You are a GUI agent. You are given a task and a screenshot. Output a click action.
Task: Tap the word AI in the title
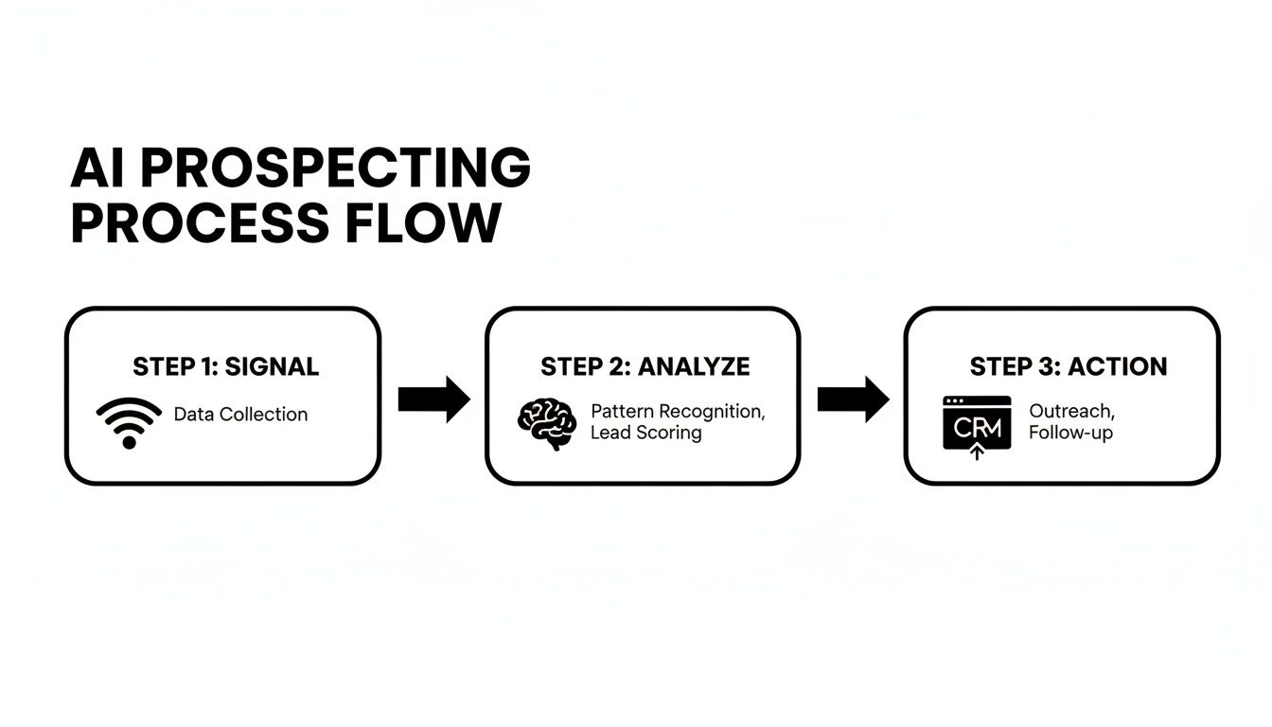point(97,168)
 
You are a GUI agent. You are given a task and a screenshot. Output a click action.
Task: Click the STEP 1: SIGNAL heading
point(225,367)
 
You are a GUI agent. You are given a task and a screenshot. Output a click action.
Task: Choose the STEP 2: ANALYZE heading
point(645,367)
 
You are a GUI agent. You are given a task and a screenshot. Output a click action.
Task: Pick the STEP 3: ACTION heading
point(1068,367)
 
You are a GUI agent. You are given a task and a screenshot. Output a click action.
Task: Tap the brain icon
point(546,423)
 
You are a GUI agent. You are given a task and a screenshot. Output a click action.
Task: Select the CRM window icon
point(977,424)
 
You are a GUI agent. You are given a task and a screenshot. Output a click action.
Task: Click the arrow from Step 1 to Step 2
point(433,399)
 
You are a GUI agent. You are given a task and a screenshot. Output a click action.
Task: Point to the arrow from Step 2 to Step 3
point(853,399)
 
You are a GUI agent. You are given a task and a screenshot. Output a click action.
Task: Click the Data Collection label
point(240,415)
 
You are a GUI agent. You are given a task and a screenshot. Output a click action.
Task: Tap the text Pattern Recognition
point(678,412)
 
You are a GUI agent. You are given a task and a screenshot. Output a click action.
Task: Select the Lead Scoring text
point(645,434)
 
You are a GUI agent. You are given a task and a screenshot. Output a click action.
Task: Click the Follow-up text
point(1070,434)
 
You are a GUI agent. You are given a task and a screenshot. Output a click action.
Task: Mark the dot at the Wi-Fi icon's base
point(130,442)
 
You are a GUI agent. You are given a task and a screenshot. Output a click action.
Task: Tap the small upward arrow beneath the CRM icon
point(977,452)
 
